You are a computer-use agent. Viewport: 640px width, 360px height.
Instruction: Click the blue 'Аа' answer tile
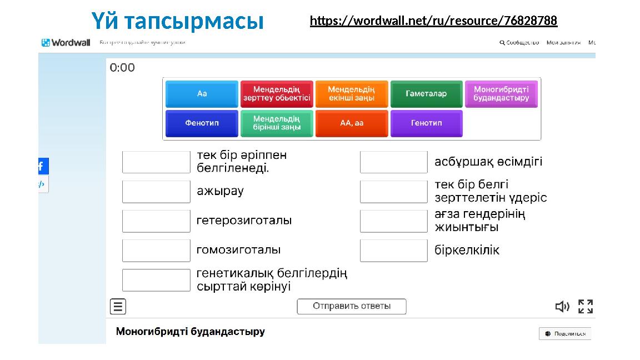[202, 94]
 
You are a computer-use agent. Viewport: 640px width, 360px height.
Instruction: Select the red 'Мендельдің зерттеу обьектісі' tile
[277, 94]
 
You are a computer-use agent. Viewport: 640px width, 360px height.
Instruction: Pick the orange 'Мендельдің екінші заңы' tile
[351, 94]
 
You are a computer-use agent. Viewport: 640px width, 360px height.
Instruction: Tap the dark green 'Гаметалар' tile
[426, 94]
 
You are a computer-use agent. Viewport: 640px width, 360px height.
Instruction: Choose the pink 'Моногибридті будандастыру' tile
[501, 94]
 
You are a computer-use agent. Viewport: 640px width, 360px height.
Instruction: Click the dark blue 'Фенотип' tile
[202, 123]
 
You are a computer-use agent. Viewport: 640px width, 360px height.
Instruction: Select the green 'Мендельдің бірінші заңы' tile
[277, 123]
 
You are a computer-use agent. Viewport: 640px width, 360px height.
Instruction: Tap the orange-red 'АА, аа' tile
[351, 123]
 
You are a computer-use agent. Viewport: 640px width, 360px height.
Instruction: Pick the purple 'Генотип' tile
[426, 123]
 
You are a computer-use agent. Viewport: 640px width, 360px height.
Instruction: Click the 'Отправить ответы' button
[352, 306]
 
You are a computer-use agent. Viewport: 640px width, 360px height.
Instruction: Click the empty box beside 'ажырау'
[156, 192]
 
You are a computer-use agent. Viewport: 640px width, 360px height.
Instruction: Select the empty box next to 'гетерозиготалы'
[156, 221]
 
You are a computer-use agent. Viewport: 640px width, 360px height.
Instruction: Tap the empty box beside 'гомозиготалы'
[156, 251]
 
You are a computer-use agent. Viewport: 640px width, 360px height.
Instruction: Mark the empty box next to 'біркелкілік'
[394, 251]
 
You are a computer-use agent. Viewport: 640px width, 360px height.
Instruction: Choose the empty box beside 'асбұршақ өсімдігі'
[394, 162]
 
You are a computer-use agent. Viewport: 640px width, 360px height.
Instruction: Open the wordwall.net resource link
[433, 21]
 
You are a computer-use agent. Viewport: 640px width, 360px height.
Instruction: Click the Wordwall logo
[66, 43]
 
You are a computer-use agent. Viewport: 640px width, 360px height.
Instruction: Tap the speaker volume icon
[562, 307]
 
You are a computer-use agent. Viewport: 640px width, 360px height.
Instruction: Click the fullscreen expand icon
[586, 307]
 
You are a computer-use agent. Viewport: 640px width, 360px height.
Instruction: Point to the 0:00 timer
[122, 68]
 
